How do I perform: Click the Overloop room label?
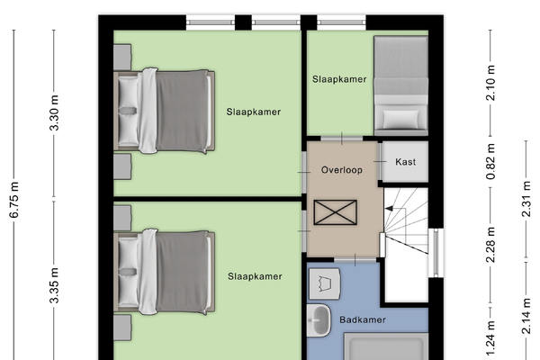tap(342, 170)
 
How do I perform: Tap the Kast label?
tap(405, 162)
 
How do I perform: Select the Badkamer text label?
tap(363, 319)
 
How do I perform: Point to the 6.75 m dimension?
tap(14, 200)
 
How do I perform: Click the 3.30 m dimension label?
tap(54, 112)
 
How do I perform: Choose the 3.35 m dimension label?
tap(54, 285)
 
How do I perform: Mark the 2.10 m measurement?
tap(490, 83)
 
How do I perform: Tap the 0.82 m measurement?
tap(490, 161)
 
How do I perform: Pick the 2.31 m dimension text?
tap(526, 199)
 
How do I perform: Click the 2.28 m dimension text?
tap(490, 245)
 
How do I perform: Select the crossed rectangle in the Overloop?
tap(336, 212)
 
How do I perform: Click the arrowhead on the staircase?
tap(389, 209)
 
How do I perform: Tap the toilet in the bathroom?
tap(324, 284)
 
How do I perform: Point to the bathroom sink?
tap(319, 320)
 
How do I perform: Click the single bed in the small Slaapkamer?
tap(400, 85)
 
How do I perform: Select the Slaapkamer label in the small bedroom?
tap(339, 79)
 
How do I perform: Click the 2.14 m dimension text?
tap(526, 316)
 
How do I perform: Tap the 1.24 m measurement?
tap(490, 338)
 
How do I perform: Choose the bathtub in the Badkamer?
tap(386, 346)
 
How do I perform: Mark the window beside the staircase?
tap(436, 253)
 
